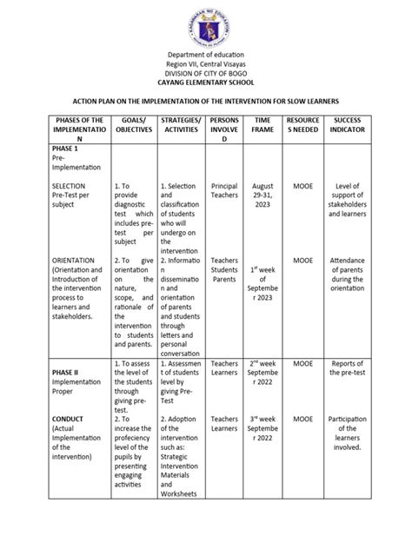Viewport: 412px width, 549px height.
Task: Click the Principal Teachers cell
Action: [x=224, y=192]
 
